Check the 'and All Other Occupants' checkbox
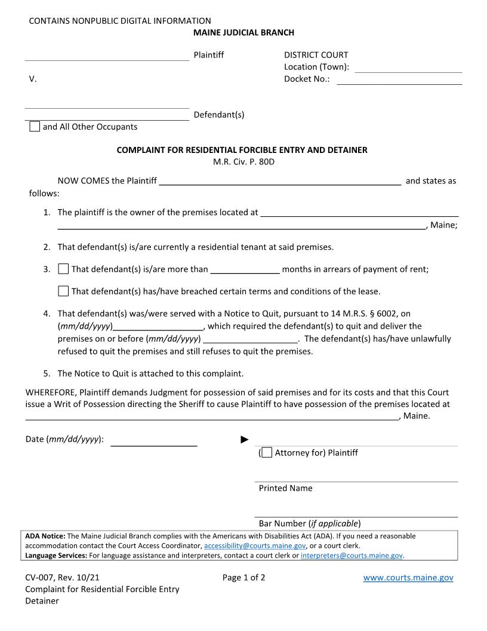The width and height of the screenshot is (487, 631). (35, 127)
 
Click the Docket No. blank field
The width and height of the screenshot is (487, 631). (399, 79)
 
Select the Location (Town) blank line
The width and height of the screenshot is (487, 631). (408, 68)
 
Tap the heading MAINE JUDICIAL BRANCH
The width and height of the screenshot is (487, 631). (243, 32)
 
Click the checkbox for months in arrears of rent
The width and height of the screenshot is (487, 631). (63, 269)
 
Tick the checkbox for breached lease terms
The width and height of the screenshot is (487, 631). (63, 291)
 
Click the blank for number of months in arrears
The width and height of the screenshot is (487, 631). (245, 269)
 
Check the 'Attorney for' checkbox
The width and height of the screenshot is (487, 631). (267, 452)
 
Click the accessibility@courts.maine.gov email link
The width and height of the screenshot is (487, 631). (255, 546)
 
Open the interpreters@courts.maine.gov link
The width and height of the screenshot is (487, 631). (352, 555)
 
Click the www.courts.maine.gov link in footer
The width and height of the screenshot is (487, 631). (408, 578)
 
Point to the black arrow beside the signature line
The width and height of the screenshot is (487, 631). (244, 440)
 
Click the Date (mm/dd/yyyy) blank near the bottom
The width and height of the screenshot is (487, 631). (154, 440)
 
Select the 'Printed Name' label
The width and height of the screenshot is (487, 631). (285, 488)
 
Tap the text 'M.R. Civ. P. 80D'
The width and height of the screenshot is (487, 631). (243, 161)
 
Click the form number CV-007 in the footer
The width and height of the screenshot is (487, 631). (38, 578)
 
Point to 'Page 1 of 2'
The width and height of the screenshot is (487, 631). (243, 578)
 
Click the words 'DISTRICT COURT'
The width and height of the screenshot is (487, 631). (316, 55)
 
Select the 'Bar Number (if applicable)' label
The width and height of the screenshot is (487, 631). (309, 523)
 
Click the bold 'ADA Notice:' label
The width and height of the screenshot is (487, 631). (45, 536)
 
